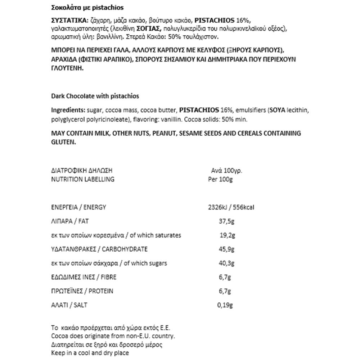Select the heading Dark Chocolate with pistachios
(95, 96)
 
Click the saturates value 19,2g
(227, 235)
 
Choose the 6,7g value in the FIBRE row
(225, 277)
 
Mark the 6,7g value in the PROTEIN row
(225, 291)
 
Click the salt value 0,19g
(225, 305)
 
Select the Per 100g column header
(221, 179)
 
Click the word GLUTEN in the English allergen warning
(63, 142)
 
